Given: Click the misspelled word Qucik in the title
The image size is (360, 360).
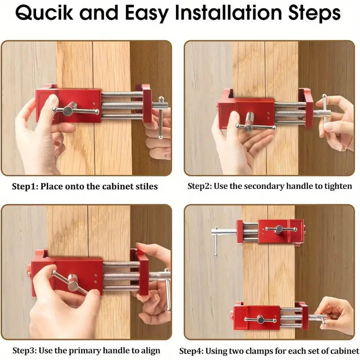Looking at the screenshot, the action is (44, 13).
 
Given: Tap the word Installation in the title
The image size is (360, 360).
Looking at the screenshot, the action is (229, 13).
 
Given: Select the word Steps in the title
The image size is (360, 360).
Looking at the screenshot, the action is (314, 13).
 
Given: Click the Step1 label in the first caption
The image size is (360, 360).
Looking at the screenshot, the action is (24, 186).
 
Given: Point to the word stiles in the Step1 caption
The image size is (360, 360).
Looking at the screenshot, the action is (147, 186).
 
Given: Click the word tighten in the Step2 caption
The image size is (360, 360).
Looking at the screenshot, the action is (338, 186).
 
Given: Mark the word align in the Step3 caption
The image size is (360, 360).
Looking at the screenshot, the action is (150, 351).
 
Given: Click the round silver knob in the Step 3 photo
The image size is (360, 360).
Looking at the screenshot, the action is (73, 285).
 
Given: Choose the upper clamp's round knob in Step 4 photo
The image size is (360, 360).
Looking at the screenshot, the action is (279, 229).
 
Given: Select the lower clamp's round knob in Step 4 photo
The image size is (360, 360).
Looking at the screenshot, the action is (261, 319).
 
